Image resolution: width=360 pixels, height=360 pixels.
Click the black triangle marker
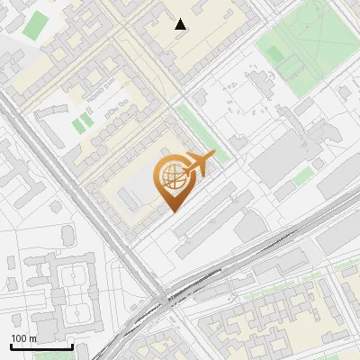click(x=181, y=24)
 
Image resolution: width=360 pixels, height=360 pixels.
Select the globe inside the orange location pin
click(x=172, y=176)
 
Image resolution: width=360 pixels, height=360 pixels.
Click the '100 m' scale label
click(x=23, y=338)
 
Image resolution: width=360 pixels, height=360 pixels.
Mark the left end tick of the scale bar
click(x=11, y=346)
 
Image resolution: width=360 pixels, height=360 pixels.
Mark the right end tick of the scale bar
click(x=72, y=346)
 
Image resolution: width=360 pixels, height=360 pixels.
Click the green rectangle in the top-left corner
click(x=37, y=25)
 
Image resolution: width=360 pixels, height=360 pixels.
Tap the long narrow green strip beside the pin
click(x=202, y=132)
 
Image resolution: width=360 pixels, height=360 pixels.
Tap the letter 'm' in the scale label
click(x=33, y=338)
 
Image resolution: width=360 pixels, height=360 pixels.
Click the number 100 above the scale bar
click(x=19, y=338)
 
